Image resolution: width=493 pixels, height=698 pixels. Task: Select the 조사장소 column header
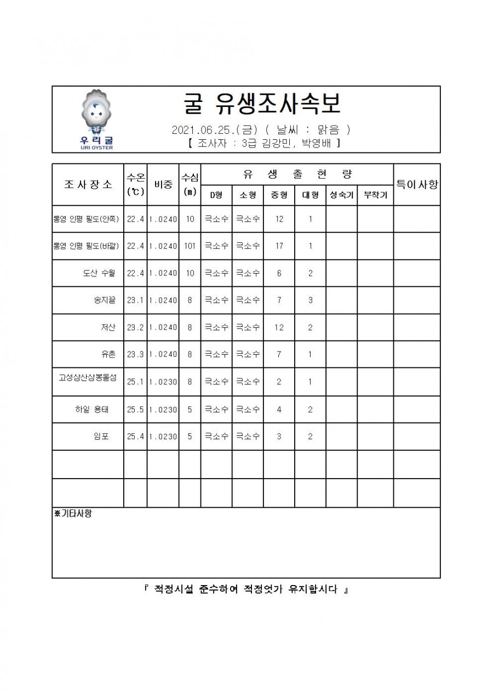pyautogui.click(x=88, y=184)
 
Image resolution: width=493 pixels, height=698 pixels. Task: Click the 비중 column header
pyautogui.click(x=163, y=185)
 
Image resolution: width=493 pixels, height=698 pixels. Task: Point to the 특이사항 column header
pyautogui.click(x=417, y=184)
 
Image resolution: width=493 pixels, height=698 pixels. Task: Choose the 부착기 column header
pyautogui.click(x=375, y=195)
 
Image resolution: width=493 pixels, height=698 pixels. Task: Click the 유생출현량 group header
pyautogui.click(x=297, y=174)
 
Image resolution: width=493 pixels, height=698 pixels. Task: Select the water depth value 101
pyautogui.click(x=190, y=246)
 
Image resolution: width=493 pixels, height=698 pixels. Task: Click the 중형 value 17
pyautogui.click(x=279, y=246)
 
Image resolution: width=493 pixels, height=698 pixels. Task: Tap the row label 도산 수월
pyautogui.click(x=99, y=273)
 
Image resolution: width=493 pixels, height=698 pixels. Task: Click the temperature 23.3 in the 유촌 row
pyautogui.click(x=135, y=355)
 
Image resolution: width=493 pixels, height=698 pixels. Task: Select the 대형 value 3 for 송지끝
pyautogui.click(x=310, y=300)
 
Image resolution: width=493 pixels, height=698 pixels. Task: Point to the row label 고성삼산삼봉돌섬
pyautogui.click(x=88, y=378)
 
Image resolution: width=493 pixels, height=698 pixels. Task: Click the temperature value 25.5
pyautogui.click(x=135, y=409)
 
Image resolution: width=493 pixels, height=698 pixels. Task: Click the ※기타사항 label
pyautogui.click(x=73, y=514)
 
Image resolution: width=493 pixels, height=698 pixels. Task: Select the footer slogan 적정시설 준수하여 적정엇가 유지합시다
pyautogui.click(x=246, y=590)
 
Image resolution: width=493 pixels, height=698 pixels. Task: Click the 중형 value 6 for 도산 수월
pyautogui.click(x=279, y=273)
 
